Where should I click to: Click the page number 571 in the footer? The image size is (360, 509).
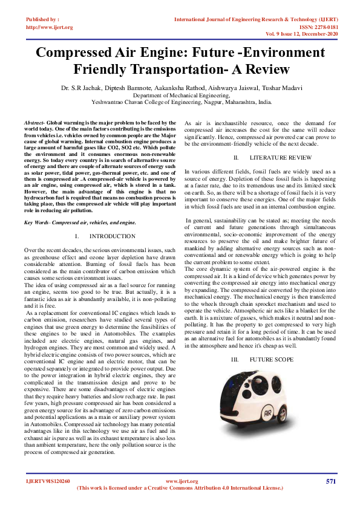[x=330, y=481]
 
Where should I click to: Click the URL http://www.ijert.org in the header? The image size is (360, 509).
[x=50, y=27]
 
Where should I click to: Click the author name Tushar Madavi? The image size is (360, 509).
[x=279, y=88]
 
